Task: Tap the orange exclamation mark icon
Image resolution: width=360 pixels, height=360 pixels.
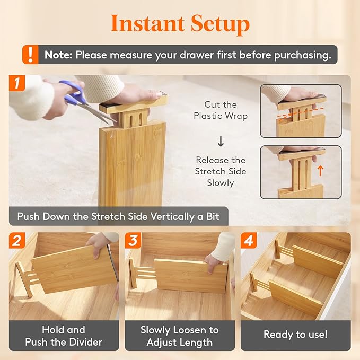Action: point(31,54)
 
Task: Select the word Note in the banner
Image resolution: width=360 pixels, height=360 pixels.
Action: point(58,55)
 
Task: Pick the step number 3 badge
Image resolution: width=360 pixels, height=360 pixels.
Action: point(132,240)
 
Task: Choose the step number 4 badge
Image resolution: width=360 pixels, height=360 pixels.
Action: point(248,240)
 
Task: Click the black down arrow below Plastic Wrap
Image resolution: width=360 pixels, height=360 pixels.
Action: point(221,142)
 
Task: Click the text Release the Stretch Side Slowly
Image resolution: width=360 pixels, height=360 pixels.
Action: point(221,171)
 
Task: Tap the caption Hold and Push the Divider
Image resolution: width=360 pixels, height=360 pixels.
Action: point(64,336)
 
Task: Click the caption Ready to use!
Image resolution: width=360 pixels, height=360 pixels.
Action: point(295,335)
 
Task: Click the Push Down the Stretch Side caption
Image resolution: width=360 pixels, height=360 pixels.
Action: point(119,216)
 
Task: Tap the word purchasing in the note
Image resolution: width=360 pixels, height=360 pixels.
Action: point(302,55)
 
